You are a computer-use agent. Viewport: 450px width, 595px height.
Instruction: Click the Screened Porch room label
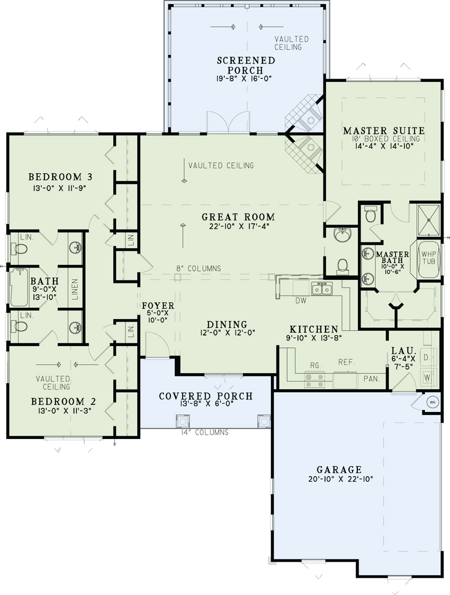point(246,65)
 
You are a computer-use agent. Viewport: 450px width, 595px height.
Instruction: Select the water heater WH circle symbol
point(432,401)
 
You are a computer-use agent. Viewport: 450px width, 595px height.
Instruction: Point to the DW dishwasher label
point(300,301)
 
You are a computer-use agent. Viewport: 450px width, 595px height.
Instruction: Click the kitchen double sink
point(321,288)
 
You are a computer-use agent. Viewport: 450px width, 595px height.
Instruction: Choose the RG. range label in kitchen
point(315,365)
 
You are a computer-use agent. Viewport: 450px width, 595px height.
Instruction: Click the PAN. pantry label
point(371,379)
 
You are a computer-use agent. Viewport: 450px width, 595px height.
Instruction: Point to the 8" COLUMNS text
point(198,268)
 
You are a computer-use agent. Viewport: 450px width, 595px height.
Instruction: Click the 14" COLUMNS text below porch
point(205,432)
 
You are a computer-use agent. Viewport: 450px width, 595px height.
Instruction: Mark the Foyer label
point(158,305)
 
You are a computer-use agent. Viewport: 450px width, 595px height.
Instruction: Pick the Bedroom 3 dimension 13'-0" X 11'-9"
point(62,188)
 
